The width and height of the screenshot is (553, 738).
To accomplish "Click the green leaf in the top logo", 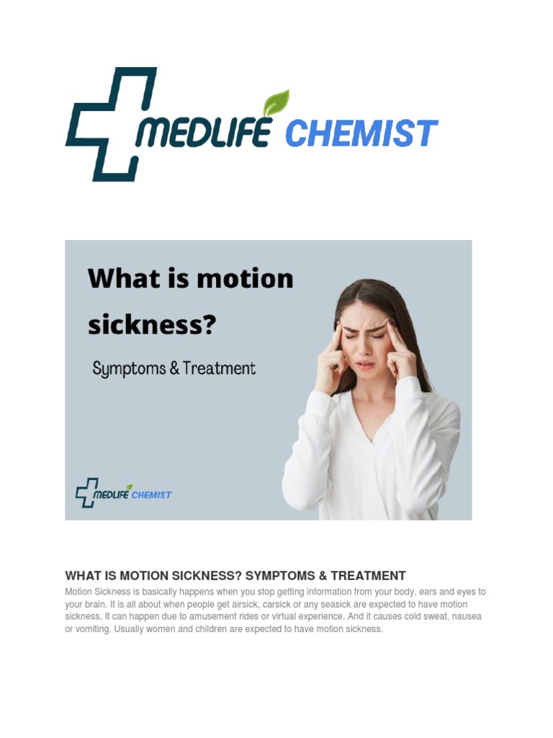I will (276, 103).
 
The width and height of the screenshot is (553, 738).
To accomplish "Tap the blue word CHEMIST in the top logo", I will (361, 134).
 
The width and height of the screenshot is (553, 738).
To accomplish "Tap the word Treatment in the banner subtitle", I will (219, 368).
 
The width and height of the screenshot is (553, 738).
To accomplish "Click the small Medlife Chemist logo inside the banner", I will (123, 493).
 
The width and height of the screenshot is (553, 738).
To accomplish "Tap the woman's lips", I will (365, 365).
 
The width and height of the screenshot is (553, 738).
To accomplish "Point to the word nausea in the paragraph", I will (465, 617).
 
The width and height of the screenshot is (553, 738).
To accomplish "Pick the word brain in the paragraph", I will (101, 604).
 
